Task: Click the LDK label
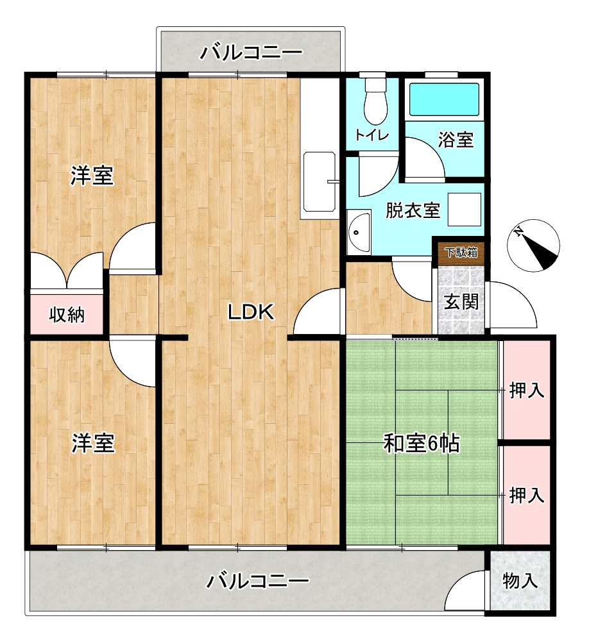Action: click(251, 313)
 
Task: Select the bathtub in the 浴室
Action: click(445, 99)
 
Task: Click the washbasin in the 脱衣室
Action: click(358, 231)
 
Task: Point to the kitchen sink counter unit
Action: click(319, 181)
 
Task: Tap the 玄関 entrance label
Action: click(462, 302)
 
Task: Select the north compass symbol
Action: click(533, 246)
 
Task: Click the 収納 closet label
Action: click(67, 315)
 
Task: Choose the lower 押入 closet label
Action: click(527, 496)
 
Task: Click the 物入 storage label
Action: click(520, 581)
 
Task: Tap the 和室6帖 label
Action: click(422, 443)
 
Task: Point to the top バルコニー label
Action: click(251, 53)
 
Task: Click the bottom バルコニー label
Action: click(257, 581)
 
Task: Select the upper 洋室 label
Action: click(92, 176)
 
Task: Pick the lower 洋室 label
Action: click(93, 443)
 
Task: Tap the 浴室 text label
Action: click(456, 140)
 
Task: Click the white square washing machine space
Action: click(464, 209)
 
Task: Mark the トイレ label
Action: click(372, 135)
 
